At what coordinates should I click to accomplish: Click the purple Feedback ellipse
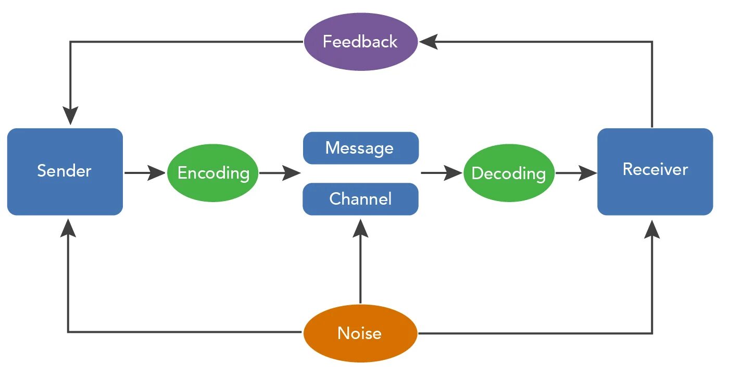tap(360, 42)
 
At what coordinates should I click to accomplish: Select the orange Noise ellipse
tap(360, 333)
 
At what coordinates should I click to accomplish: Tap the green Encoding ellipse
tap(213, 173)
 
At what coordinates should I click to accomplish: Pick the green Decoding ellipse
tap(509, 173)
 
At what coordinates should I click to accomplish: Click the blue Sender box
tap(65, 171)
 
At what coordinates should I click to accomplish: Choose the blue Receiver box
tap(655, 171)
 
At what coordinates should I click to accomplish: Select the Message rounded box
tap(361, 148)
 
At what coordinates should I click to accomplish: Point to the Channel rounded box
tap(360, 199)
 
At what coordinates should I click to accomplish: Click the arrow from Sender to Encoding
tap(145, 173)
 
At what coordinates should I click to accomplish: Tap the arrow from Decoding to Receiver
tap(576, 173)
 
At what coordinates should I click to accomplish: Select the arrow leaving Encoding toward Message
tap(280, 173)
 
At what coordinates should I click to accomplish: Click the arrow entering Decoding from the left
tap(442, 173)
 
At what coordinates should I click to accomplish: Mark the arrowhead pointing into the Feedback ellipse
tap(428, 42)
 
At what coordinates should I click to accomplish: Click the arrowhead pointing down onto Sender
tap(70, 115)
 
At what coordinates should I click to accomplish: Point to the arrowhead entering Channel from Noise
tap(360, 228)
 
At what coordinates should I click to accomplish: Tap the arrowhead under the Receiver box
tap(652, 229)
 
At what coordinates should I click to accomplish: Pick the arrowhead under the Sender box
tap(68, 228)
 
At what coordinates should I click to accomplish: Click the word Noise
tap(360, 333)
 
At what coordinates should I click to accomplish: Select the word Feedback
tap(360, 42)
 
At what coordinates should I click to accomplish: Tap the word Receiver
tap(656, 169)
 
